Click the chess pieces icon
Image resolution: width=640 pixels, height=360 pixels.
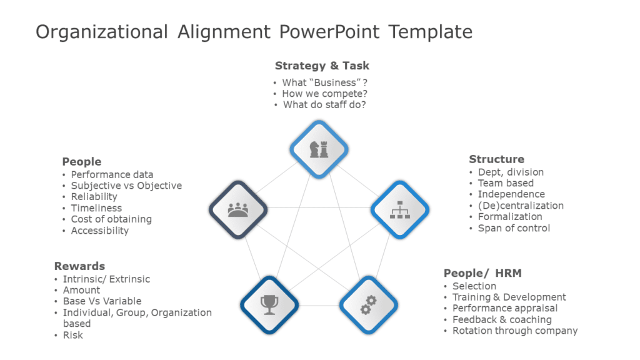(x=319, y=149)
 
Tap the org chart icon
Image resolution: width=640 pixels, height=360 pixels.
(x=400, y=211)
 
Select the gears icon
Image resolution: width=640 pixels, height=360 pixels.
(x=368, y=305)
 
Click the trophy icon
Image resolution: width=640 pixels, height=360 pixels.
(x=269, y=305)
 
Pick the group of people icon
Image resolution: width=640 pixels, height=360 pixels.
(x=238, y=209)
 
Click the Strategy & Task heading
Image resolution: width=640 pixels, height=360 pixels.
(x=322, y=66)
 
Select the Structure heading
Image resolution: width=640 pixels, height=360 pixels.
(x=496, y=159)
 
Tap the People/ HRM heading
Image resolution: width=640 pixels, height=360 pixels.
(x=482, y=273)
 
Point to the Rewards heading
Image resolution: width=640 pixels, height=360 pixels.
(x=79, y=266)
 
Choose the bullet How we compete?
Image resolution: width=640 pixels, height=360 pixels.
(x=324, y=94)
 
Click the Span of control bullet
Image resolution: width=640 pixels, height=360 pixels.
(x=514, y=228)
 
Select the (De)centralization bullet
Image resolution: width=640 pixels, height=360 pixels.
(x=521, y=206)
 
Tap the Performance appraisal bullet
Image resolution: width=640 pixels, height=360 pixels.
(x=505, y=308)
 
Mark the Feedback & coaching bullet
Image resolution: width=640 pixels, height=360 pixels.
(x=502, y=319)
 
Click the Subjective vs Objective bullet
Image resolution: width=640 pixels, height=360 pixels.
(x=126, y=186)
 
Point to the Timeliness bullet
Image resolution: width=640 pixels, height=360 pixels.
(x=96, y=208)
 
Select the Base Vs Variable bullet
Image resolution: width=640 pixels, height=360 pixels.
(x=102, y=301)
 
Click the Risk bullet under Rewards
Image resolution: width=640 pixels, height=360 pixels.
(x=72, y=335)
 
